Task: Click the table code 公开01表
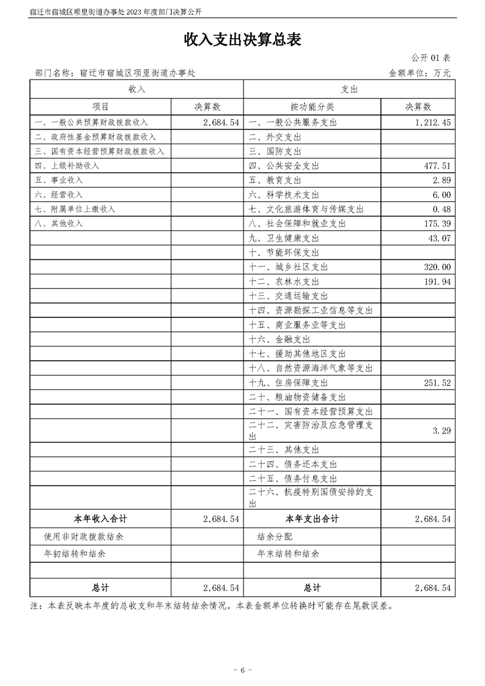[431, 58]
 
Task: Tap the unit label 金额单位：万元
[420, 73]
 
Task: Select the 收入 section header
[136, 89]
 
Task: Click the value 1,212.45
[432, 122]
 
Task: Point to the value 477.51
[437, 166]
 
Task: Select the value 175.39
[437, 224]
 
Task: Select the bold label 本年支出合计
[312, 518]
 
